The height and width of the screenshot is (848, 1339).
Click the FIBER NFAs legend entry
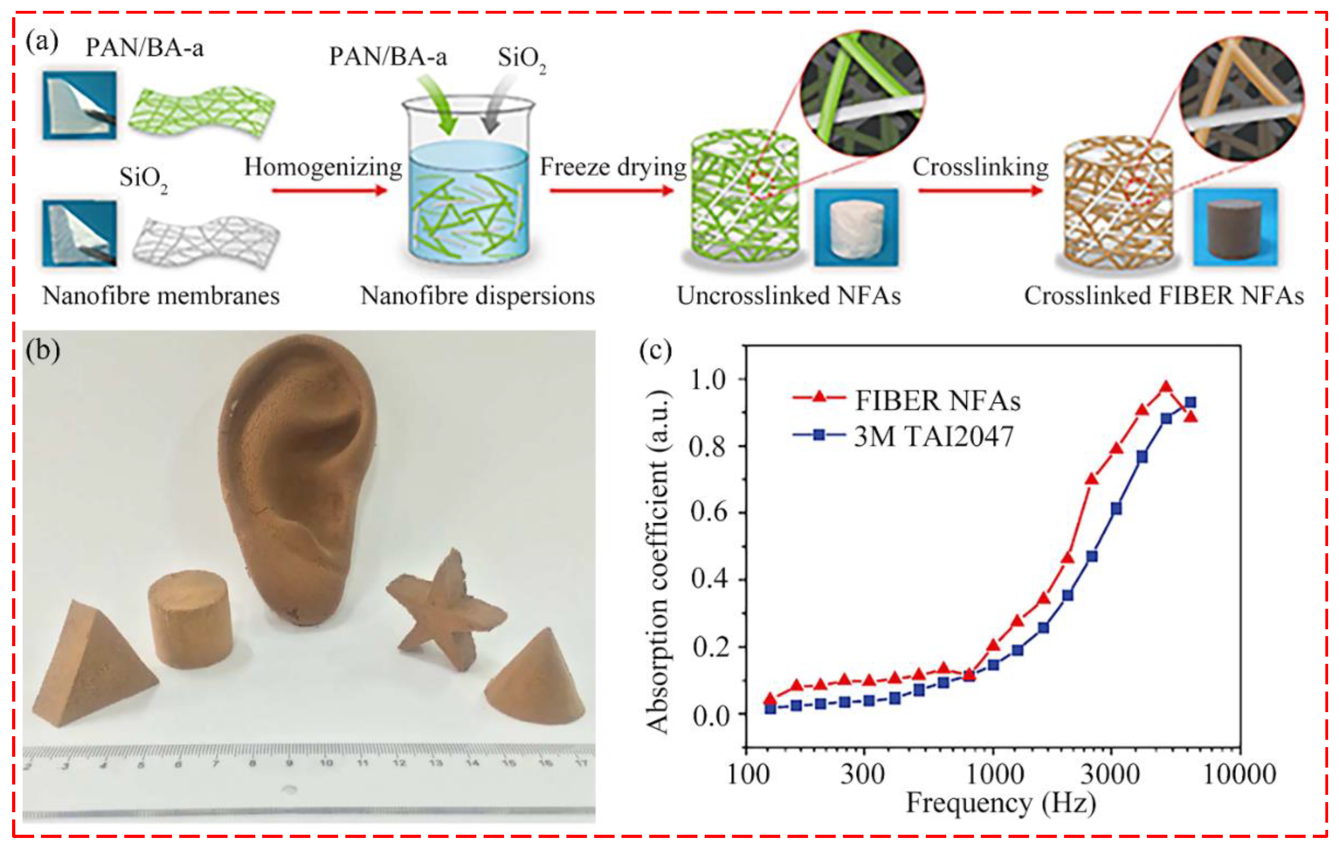[937, 401]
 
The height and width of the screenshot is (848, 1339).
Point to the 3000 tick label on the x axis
[1110, 774]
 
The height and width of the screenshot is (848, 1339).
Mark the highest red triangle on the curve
[1166, 388]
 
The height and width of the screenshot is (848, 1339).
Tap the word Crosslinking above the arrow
[980, 167]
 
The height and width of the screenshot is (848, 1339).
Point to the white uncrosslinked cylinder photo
[856, 228]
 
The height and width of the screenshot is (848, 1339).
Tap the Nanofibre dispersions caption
[477, 296]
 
